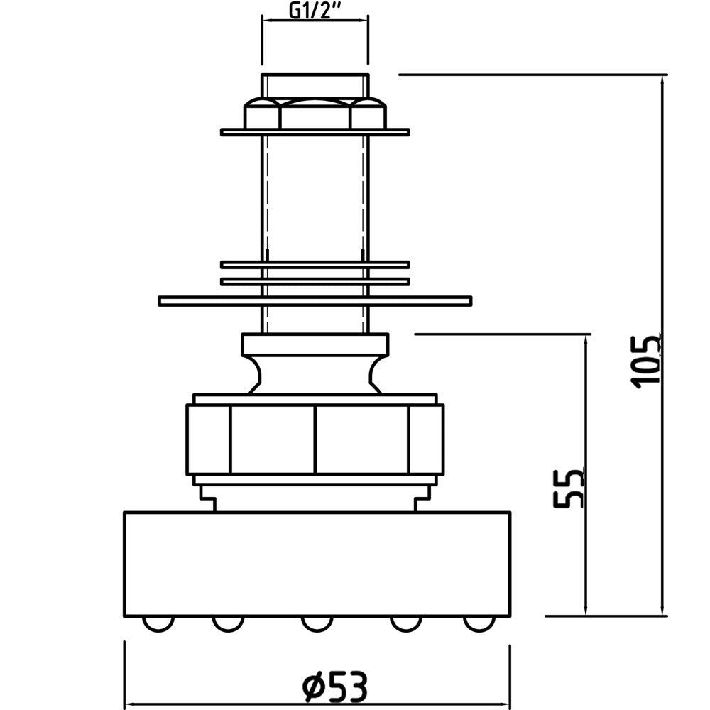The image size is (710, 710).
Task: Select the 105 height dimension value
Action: point(646,361)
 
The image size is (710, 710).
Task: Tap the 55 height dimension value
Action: point(569,488)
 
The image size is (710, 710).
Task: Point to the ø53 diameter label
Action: point(334,686)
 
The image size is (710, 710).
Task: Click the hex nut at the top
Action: point(315,113)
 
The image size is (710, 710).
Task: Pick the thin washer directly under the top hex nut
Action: point(315,132)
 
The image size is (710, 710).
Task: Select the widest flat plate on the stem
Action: point(315,300)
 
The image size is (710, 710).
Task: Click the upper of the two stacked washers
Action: point(315,264)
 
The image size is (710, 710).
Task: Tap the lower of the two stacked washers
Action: point(315,282)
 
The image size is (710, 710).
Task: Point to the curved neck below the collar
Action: point(315,374)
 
